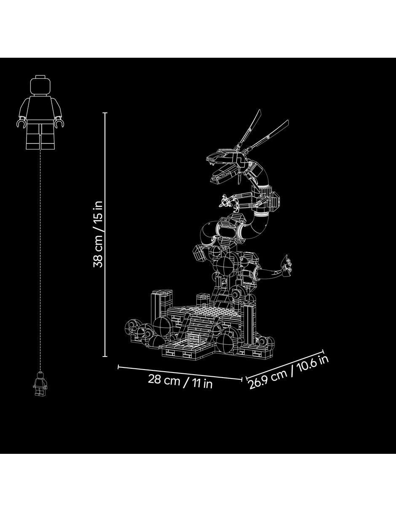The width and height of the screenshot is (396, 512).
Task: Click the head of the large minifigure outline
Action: click(40, 85)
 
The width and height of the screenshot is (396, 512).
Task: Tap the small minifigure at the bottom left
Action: click(40, 384)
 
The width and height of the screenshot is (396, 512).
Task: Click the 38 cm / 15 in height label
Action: click(98, 234)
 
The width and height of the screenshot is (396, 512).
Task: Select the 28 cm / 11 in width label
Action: click(180, 382)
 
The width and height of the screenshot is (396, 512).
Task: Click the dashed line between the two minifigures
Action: click(40, 260)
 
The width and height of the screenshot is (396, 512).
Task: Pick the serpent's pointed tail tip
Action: click(287, 255)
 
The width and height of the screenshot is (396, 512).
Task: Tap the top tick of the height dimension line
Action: click(105, 113)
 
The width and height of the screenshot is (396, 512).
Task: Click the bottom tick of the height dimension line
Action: click(105, 364)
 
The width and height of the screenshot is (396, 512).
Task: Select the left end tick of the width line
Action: click(118, 367)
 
